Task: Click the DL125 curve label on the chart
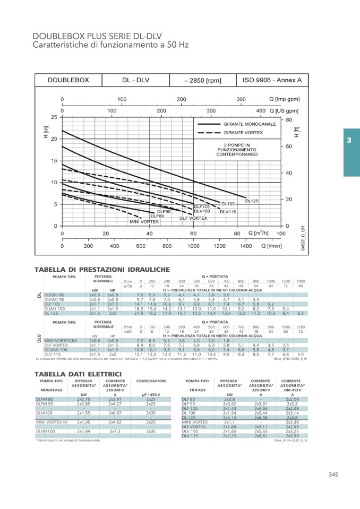pos(252,201)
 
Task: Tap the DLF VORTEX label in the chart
pos(193,218)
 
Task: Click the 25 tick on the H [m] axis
pos(54,117)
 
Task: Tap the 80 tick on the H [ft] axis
pos(289,120)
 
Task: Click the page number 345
pos(333,475)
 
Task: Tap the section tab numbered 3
pos(349,141)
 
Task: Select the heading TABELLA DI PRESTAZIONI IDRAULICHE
pos(102,270)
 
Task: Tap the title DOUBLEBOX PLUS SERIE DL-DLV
pos(97,36)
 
